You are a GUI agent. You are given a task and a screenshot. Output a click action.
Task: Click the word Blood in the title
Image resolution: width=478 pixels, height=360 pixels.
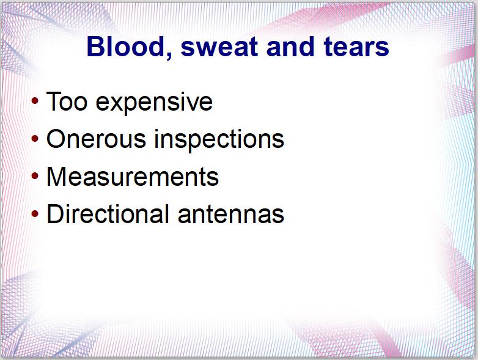point(125,46)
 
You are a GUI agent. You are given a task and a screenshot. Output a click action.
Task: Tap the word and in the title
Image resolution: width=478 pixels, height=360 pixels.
point(290,46)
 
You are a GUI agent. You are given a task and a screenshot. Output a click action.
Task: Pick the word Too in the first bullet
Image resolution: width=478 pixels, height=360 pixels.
point(67,101)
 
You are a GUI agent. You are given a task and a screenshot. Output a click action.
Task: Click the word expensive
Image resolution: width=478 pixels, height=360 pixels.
point(154,104)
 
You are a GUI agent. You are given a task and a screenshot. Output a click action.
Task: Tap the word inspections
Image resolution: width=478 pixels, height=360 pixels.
point(219,140)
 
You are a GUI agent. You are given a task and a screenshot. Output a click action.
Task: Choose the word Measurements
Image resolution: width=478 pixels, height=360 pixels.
point(132,177)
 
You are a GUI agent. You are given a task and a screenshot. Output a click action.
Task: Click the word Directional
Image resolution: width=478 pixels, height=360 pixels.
point(108,214)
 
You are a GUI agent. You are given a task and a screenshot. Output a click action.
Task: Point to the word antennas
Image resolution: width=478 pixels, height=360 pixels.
point(231,215)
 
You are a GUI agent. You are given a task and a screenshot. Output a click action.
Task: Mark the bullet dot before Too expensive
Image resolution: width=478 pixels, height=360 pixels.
point(35,101)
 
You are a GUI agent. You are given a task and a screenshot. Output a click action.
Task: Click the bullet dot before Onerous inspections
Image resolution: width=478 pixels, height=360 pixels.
point(35,139)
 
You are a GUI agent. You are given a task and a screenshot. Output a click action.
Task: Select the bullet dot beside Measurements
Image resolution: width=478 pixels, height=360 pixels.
point(35,176)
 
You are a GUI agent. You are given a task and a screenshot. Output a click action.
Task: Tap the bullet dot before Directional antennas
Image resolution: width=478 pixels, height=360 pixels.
point(35,214)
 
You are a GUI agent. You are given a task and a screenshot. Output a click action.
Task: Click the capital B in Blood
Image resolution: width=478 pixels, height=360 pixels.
point(95,46)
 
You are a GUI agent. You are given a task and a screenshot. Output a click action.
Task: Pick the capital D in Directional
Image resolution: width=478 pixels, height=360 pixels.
point(55,214)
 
